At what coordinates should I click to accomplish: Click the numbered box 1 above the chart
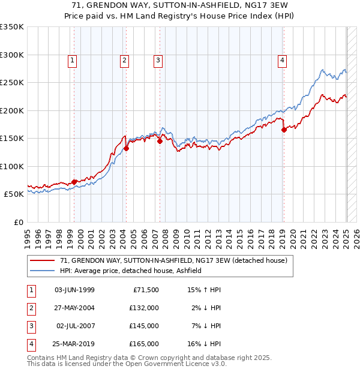tap(72, 59)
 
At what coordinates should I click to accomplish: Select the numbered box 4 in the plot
tap(281, 59)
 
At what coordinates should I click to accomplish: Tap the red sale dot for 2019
tap(284, 130)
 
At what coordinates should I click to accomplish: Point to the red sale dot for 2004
tap(127, 148)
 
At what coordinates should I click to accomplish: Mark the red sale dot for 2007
tap(160, 141)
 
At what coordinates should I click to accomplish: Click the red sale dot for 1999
tap(74, 182)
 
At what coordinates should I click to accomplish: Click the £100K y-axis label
tap(12, 166)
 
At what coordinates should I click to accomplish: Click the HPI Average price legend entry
tap(130, 271)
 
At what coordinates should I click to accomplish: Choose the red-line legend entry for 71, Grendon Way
tap(174, 260)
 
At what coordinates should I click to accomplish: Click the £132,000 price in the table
tap(145, 308)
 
